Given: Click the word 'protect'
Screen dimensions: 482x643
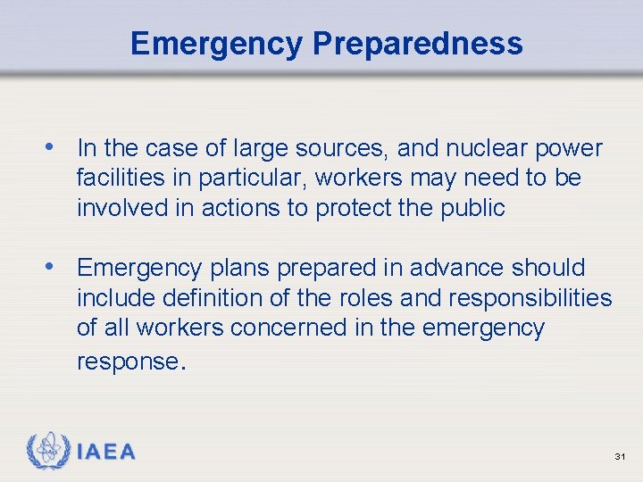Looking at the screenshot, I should tap(356, 209).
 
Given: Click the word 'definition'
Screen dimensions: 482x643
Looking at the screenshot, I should tap(232, 298).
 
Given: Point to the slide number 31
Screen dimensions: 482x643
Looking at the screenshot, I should tap(620, 457).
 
